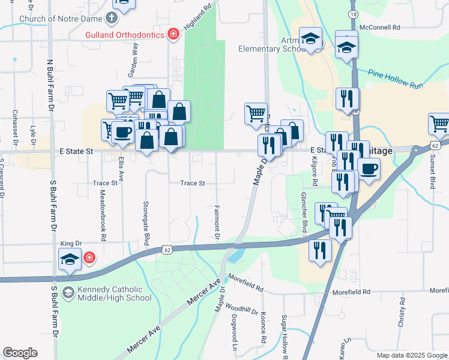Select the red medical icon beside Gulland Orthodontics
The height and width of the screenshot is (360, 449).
pos(173,34)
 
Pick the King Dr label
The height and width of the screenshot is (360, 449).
pos(71,244)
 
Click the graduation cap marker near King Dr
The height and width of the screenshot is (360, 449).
pos(70,259)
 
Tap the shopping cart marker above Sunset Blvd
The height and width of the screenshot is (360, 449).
pos(439,124)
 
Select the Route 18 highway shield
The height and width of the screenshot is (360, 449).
pos(353,13)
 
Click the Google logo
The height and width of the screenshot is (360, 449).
pos(20,353)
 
